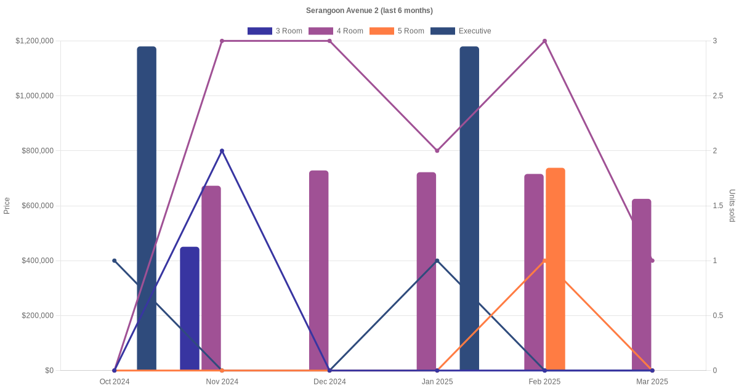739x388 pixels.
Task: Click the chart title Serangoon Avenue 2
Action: tap(369, 10)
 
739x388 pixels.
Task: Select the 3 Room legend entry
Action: tap(275, 31)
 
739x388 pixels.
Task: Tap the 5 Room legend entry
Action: tap(397, 31)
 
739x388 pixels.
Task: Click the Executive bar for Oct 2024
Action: tap(147, 209)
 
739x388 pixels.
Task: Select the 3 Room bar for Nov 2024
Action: tap(190, 308)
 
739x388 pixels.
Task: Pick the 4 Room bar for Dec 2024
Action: tap(318, 271)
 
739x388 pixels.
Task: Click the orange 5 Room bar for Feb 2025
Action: tap(555, 269)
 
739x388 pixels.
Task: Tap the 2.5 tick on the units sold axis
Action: tap(718, 95)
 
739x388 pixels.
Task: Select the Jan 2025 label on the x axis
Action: tap(437, 381)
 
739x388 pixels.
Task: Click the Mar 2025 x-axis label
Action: tap(652, 381)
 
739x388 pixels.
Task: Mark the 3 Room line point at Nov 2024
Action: tap(222, 151)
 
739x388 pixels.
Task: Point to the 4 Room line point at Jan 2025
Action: tap(437, 151)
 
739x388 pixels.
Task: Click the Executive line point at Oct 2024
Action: tap(115, 261)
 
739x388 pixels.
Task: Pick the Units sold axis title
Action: tap(732, 206)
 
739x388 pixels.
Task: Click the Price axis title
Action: tap(7, 206)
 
